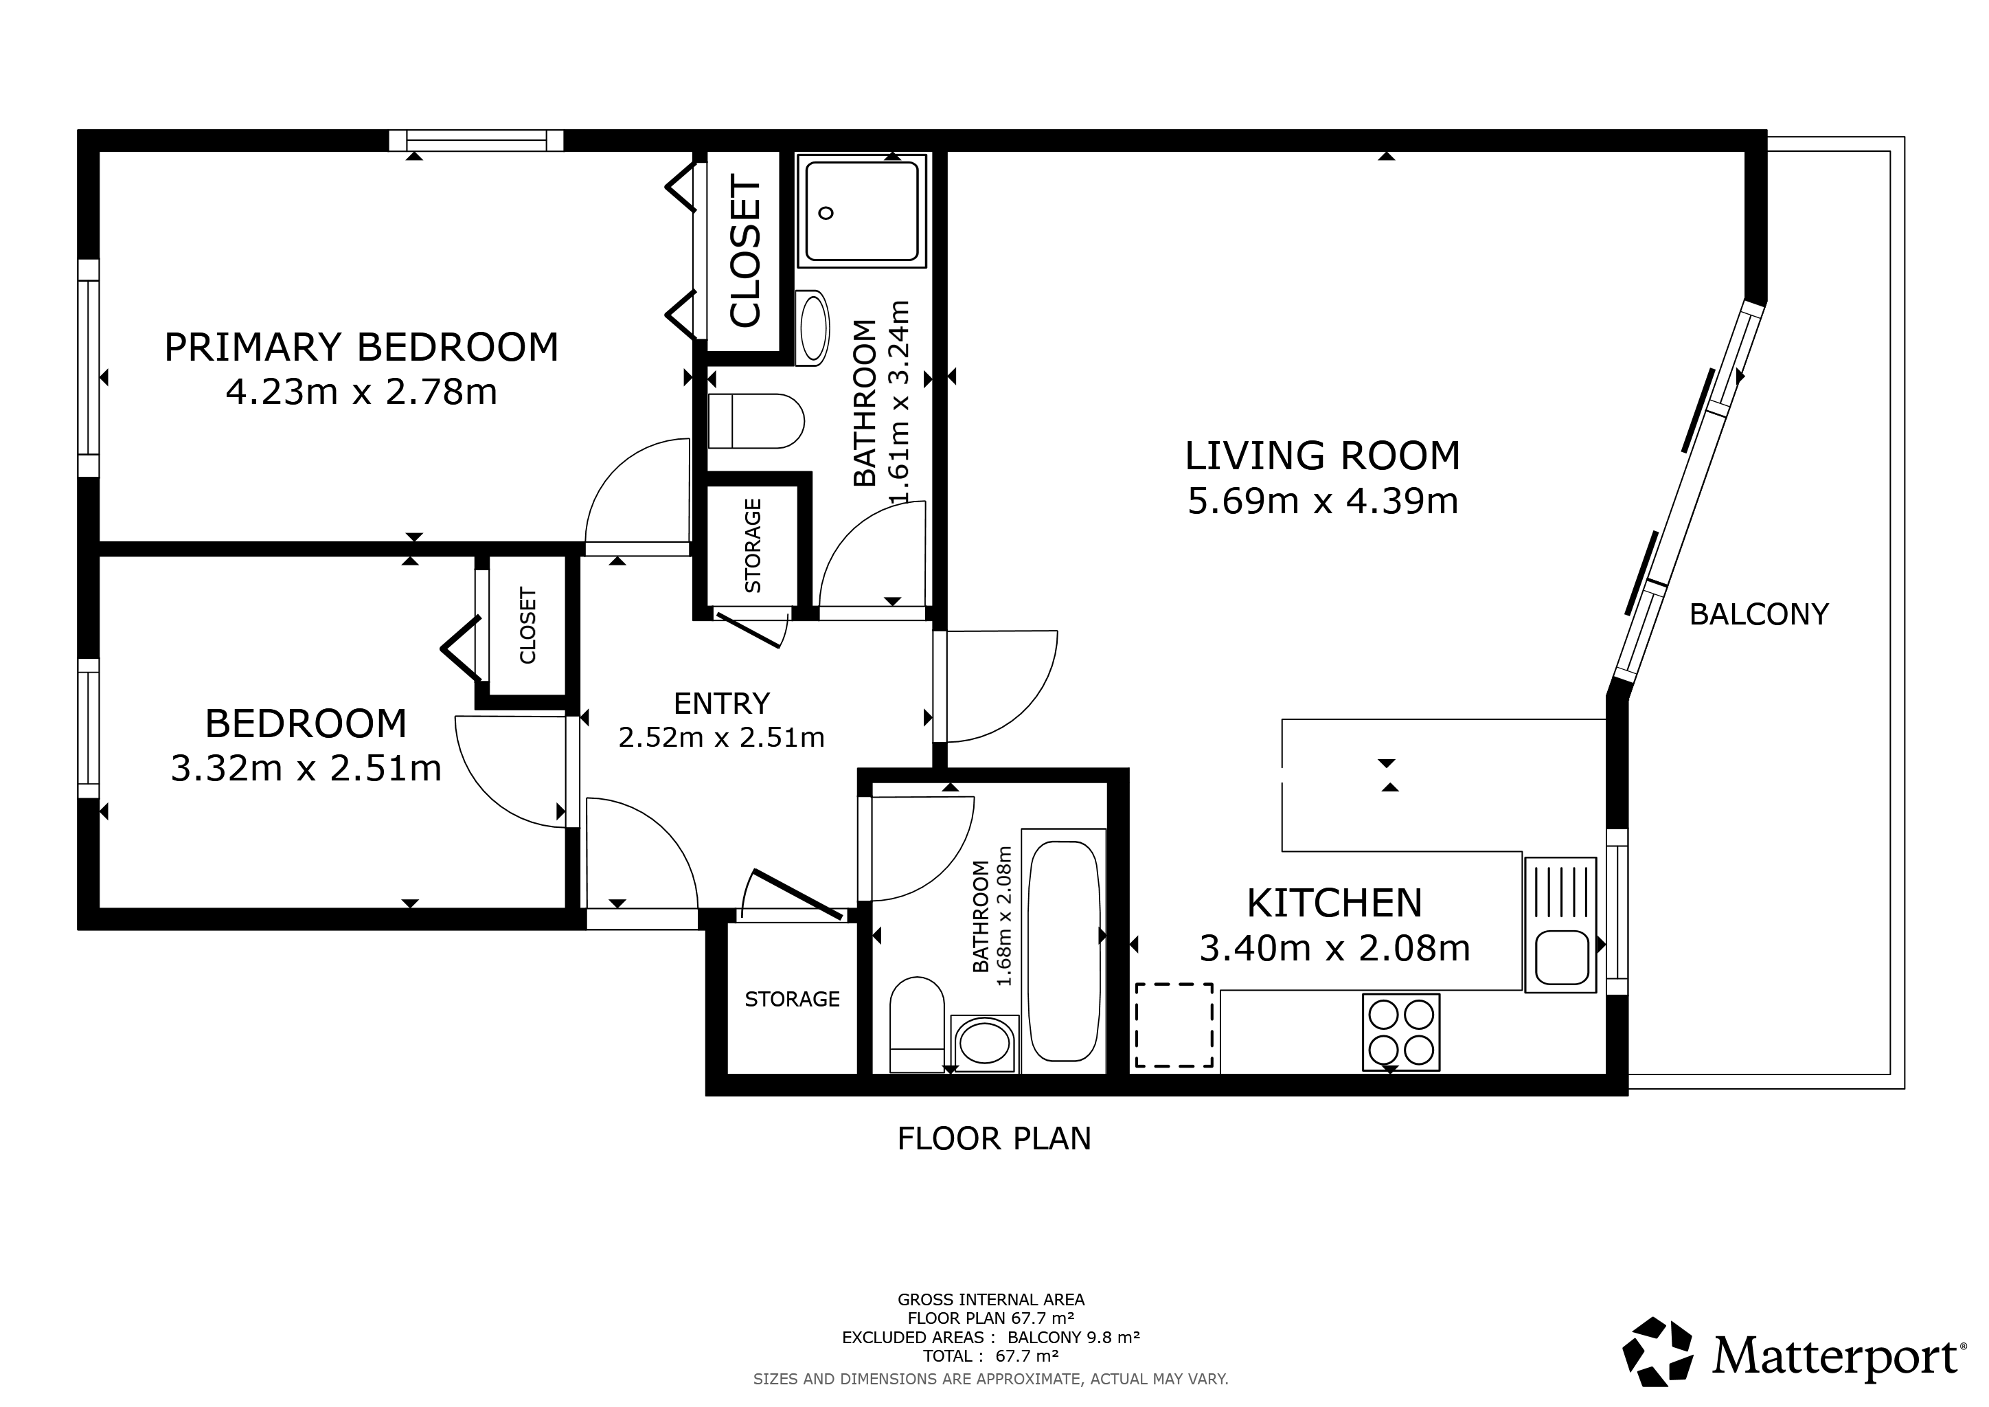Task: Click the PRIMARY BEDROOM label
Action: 361,348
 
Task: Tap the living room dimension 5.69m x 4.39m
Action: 1322,502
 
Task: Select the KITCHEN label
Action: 1334,903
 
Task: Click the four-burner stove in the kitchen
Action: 1401,1032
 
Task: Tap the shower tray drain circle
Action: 826,213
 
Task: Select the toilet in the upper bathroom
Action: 755,422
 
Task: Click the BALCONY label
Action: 1758,614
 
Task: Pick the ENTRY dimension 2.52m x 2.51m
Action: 722,737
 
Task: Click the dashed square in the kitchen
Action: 1174,1025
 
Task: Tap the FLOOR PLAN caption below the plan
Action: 994,1138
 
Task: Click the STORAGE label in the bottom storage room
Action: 792,999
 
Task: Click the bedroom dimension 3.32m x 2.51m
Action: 306,769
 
